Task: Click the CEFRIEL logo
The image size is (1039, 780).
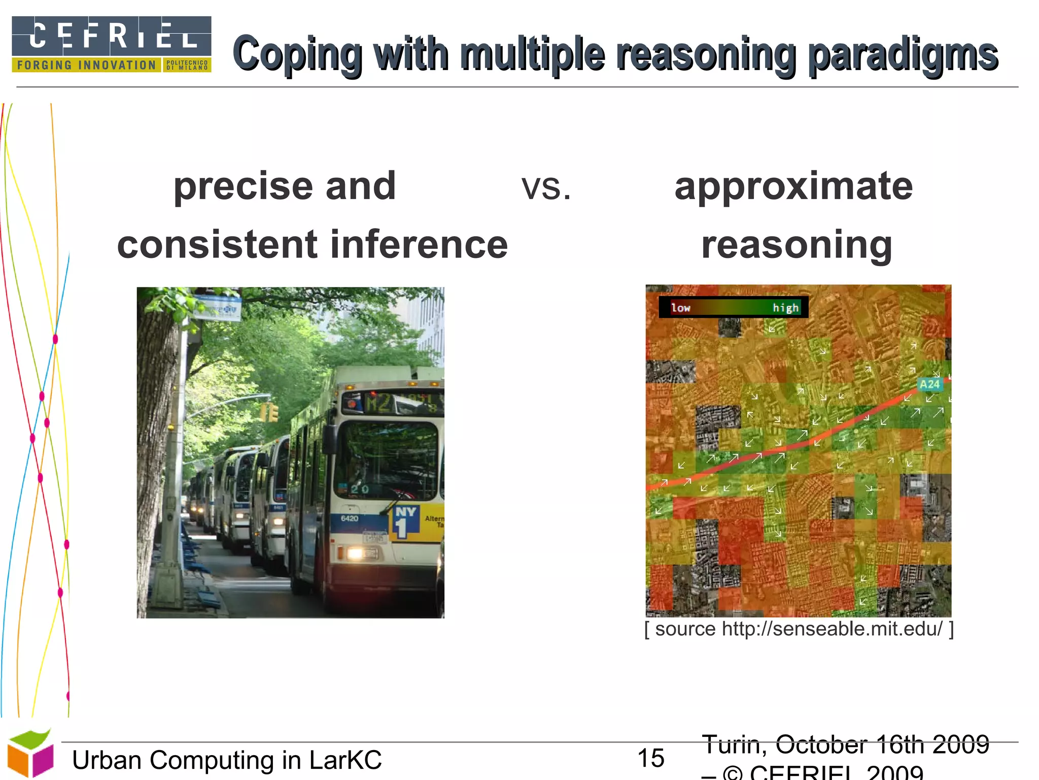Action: [x=111, y=44]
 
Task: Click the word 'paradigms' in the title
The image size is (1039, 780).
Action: [x=903, y=55]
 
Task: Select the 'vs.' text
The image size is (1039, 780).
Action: [x=546, y=187]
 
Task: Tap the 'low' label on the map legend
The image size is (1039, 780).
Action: [x=681, y=308]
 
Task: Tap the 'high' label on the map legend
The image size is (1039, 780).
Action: [x=785, y=308]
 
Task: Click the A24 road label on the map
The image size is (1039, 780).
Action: [x=930, y=384]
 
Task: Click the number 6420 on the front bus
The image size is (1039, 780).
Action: [x=350, y=518]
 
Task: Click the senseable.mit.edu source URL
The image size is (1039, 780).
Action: [x=832, y=629]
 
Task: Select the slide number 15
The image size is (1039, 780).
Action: [x=650, y=758]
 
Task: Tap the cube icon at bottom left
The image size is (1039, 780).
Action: [x=30, y=754]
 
